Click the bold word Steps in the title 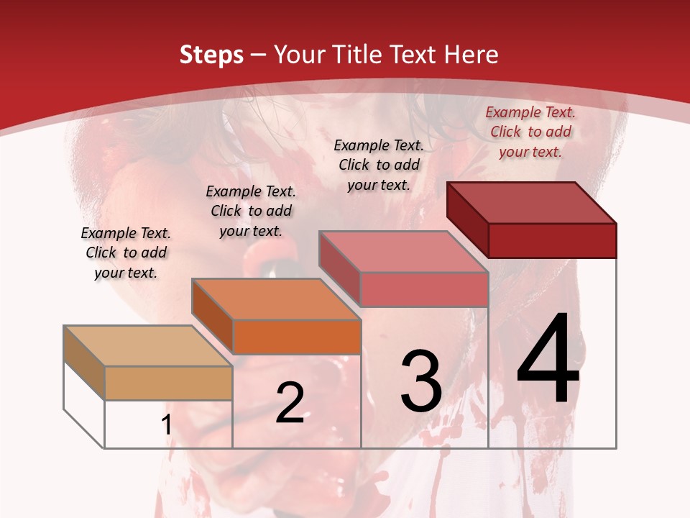(x=211, y=55)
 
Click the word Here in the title (x=471, y=55)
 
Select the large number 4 (x=548, y=360)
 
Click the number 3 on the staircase (x=421, y=381)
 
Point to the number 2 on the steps (x=290, y=403)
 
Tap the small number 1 (x=167, y=425)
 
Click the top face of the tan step (x=148, y=346)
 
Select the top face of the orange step (x=276, y=299)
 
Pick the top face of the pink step (x=403, y=252)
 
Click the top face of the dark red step (x=532, y=203)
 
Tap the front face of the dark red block (x=552, y=240)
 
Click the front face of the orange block (x=297, y=337)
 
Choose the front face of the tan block (x=168, y=383)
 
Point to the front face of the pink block (x=424, y=289)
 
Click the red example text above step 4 (x=530, y=132)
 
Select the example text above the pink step (x=379, y=165)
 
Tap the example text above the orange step (x=251, y=211)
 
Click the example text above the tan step (x=126, y=253)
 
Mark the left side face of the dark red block (x=468, y=219)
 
